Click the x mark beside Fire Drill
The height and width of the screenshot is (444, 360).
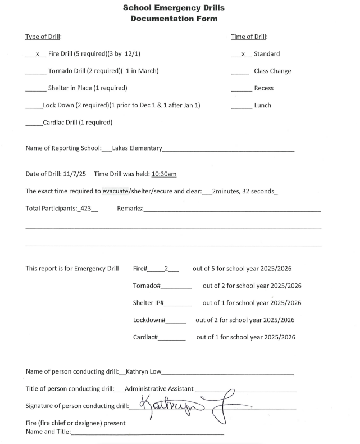click(36, 54)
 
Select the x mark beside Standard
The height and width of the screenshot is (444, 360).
click(242, 54)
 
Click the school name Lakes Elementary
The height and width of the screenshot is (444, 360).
click(137, 148)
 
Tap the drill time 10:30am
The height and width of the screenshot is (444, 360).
click(164, 174)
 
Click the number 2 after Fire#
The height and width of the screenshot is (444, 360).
click(166, 269)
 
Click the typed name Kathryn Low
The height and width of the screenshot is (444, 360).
click(143, 371)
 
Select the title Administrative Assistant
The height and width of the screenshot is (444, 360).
click(159, 388)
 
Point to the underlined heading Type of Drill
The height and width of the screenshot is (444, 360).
click(43, 37)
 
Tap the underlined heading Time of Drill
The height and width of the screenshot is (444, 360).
click(249, 37)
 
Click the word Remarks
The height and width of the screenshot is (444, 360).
click(130, 209)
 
